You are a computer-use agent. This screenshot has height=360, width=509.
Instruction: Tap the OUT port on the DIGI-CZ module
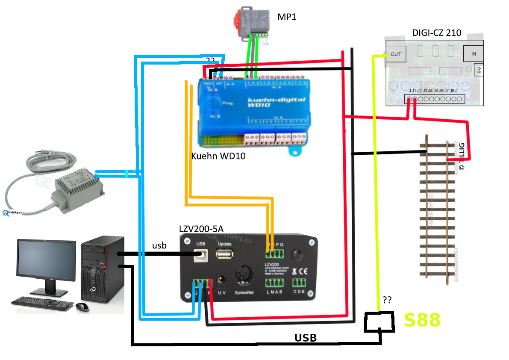(396, 54)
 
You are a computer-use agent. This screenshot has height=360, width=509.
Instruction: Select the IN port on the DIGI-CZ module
(474, 54)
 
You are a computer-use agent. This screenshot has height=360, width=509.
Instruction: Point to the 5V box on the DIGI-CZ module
(479, 69)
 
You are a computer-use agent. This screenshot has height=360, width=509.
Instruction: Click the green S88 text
(422, 320)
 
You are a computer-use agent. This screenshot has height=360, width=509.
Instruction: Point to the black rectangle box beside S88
(379, 322)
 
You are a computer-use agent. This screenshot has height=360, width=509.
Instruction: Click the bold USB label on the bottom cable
(306, 338)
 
